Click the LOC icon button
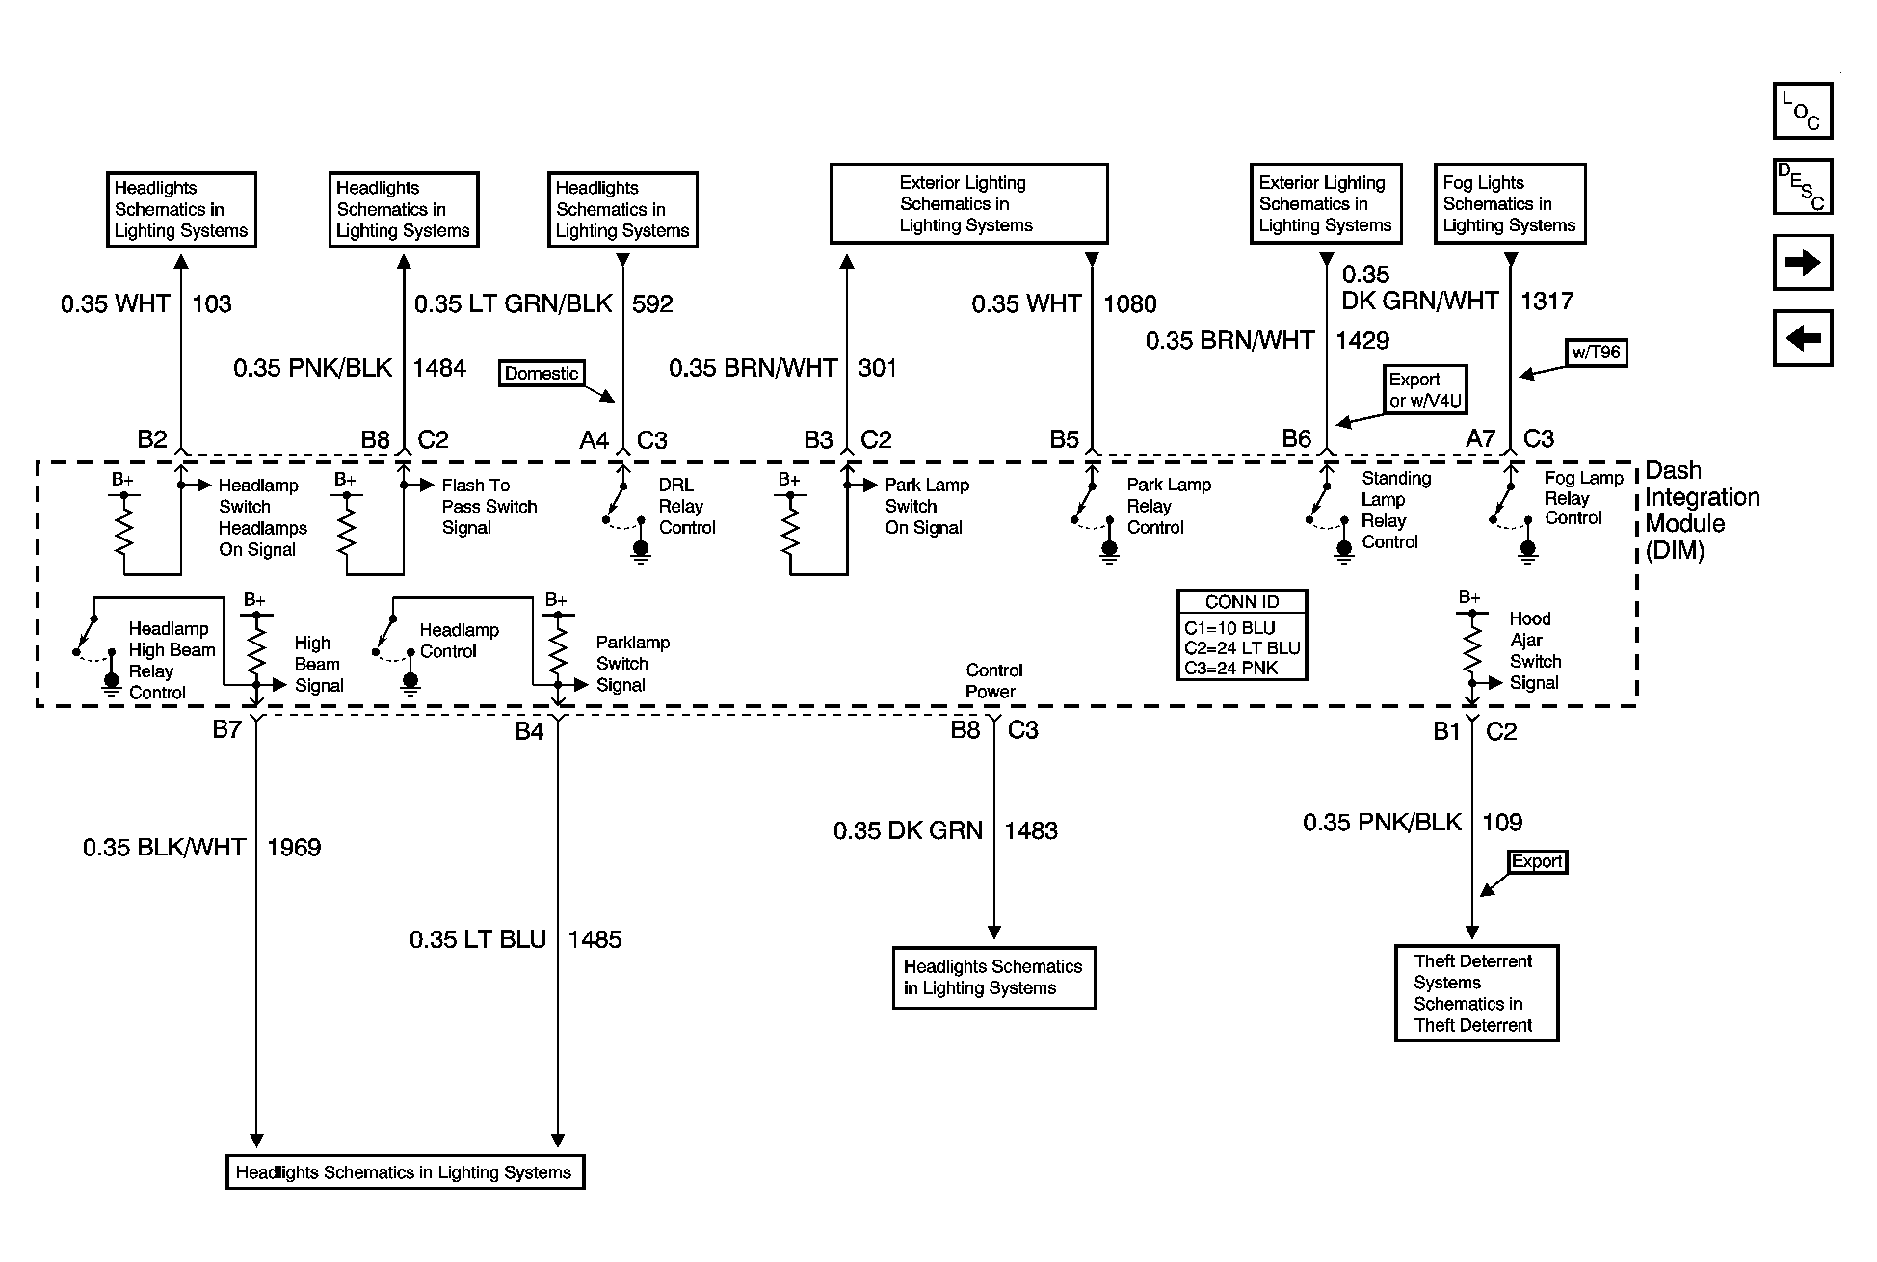coord(1802,111)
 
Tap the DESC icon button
coord(1802,186)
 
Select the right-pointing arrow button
coord(1802,262)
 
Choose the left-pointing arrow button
coord(1802,338)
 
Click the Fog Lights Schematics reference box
coord(1509,203)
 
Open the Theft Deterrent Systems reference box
coord(1476,993)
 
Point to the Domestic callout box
coord(542,374)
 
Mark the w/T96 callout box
coord(1597,353)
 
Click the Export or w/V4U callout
coord(1425,389)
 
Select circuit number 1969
coord(294,848)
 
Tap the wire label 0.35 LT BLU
coord(478,939)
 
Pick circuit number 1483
coord(1031,830)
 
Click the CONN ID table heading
coord(1242,602)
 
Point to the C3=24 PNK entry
coord(1231,668)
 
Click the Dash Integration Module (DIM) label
coord(1702,511)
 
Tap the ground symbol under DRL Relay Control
coord(641,550)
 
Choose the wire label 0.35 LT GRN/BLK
coord(514,304)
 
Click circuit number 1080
coord(1129,304)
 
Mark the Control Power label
coord(993,680)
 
